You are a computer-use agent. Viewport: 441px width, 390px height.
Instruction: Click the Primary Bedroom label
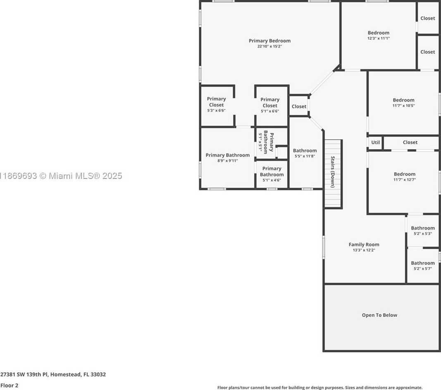pos(269,41)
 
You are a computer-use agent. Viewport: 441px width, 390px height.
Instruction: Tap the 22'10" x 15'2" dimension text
pos(269,46)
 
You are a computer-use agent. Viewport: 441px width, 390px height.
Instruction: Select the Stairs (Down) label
pos(333,172)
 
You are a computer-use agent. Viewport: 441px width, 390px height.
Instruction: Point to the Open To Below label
pos(379,315)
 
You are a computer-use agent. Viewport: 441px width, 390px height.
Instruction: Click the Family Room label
pos(364,245)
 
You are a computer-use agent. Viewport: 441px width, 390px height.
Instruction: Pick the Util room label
pos(375,142)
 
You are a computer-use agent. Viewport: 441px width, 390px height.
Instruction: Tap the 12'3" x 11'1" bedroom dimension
pos(379,38)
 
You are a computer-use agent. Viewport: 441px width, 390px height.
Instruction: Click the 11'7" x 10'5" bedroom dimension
pos(403,106)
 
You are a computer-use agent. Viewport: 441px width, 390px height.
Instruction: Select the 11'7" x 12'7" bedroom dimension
pos(405,180)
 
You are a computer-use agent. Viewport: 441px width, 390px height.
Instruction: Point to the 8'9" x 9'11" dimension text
pos(228,161)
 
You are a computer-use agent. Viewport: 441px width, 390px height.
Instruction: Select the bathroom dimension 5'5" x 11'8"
pos(305,156)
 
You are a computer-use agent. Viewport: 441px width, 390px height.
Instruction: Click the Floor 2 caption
pos(9,385)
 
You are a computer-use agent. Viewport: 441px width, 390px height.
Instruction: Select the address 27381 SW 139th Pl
pos(24,375)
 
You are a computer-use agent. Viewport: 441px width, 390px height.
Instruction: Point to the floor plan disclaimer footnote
pos(320,388)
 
